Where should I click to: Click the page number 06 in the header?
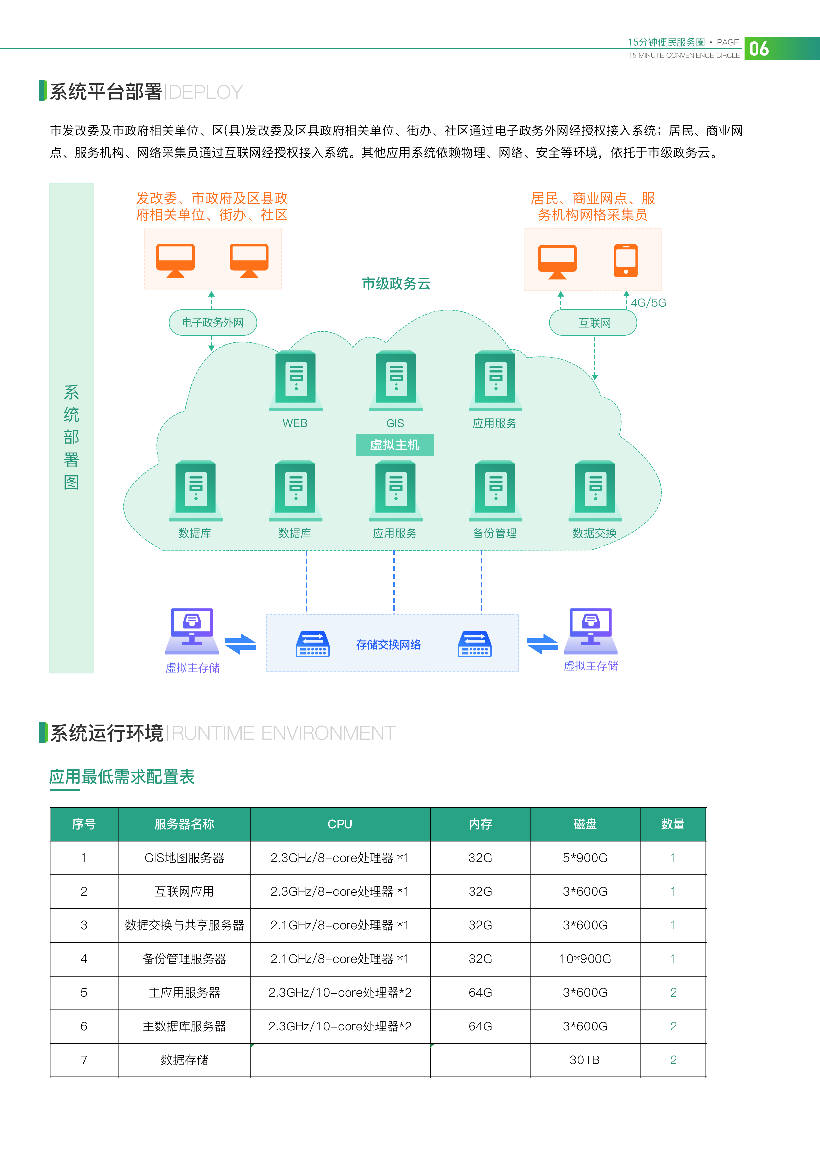coord(758,49)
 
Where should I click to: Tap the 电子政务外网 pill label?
coord(213,323)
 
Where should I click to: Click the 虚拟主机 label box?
coord(395,445)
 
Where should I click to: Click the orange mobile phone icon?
coord(626,260)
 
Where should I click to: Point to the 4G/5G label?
coord(648,303)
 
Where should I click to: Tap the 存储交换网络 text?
coord(388,645)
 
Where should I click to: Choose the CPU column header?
coord(340,824)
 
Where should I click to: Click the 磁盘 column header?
coord(585,824)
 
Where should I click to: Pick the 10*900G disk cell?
coord(585,959)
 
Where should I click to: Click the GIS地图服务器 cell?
coord(184,858)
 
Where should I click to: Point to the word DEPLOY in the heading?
coord(206,93)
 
